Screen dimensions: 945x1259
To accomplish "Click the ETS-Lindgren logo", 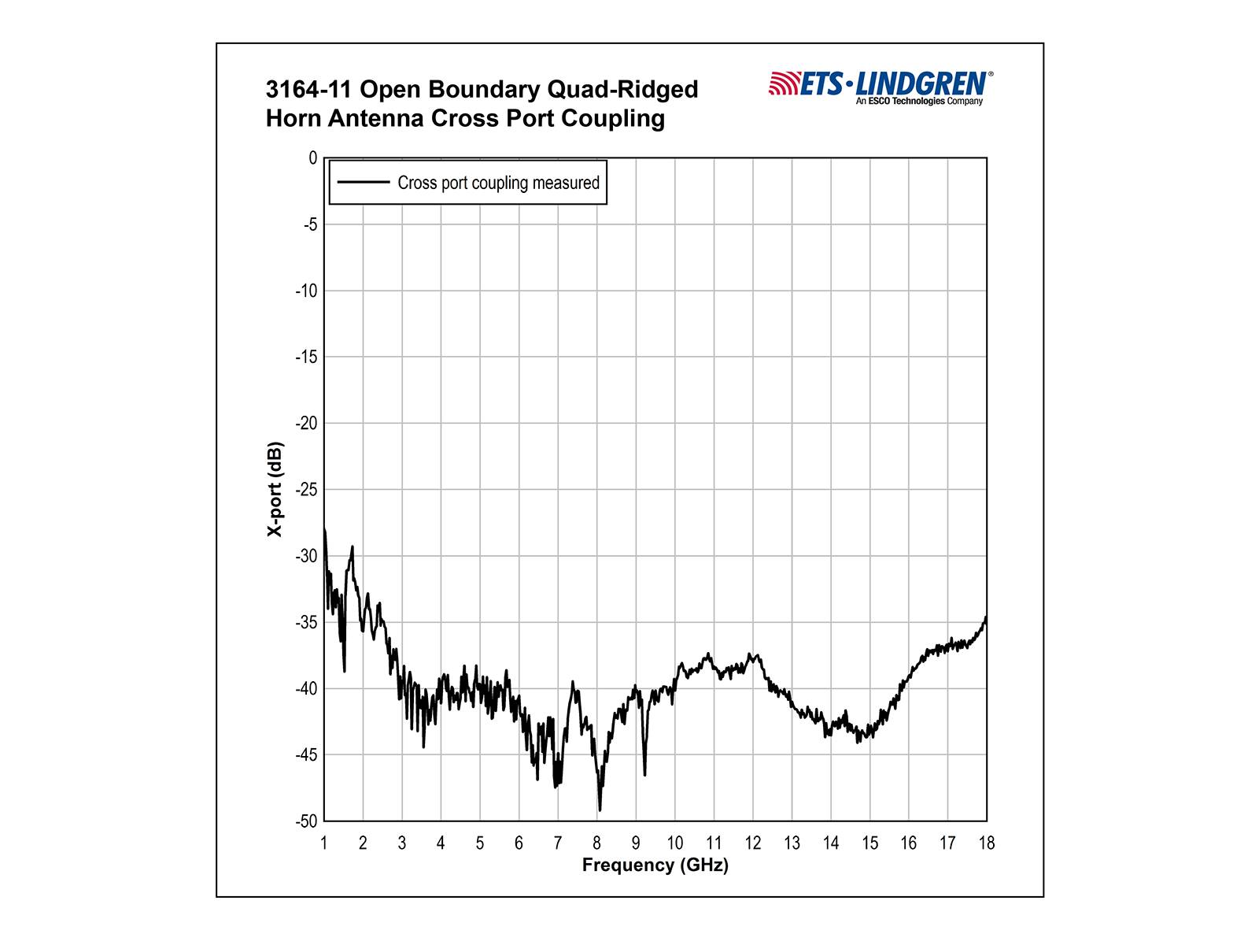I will point(880,83).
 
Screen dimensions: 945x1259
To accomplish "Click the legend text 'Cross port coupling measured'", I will point(498,183).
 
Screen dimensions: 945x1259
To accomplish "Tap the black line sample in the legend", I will point(364,182).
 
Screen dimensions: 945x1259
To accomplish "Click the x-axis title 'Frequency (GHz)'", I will point(655,865).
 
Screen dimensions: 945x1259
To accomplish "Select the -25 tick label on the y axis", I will point(306,490).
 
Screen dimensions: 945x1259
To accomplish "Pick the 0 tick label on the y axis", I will point(313,158).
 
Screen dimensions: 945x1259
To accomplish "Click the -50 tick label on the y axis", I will point(306,821).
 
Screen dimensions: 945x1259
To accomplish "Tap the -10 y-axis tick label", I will point(306,291).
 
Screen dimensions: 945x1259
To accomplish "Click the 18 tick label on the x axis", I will point(986,843).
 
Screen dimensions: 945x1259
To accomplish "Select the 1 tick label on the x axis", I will point(324,843).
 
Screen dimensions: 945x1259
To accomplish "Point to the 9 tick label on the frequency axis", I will point(636,843).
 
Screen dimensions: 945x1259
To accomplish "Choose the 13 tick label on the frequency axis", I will point(792,843).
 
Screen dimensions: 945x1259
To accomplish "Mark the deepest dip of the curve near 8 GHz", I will point(600,810).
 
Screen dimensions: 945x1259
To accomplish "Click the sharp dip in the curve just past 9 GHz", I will point(644,775).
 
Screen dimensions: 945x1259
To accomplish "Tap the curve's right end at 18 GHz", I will point(985,618).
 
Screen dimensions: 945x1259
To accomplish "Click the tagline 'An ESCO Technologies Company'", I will point(919,102).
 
